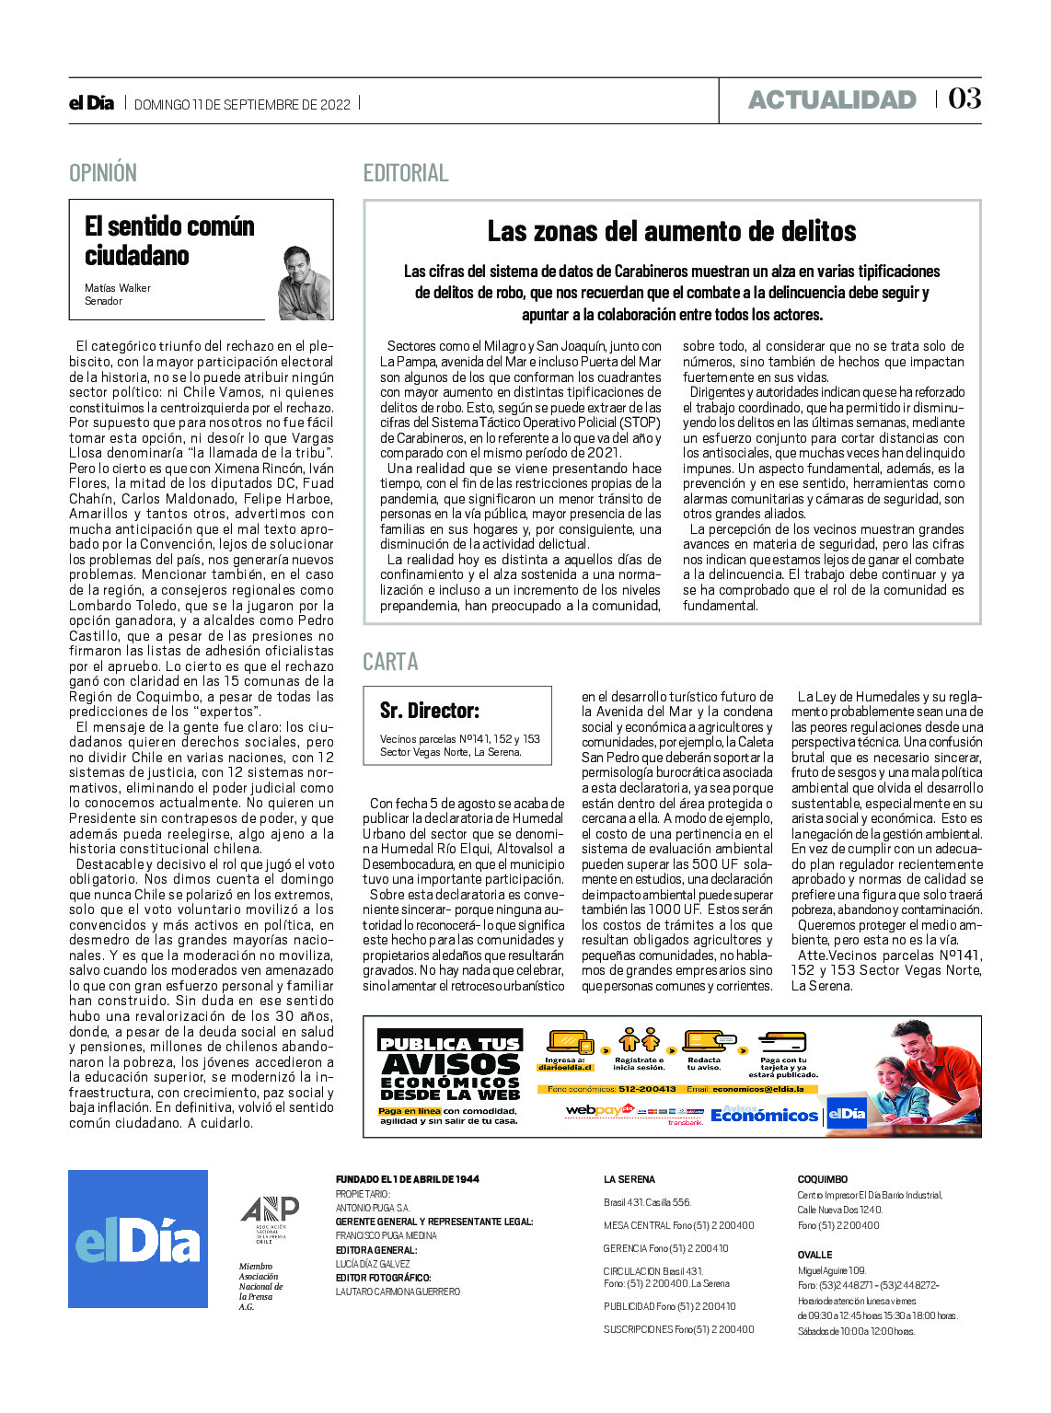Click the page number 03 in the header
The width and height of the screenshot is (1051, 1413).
click(964, 98)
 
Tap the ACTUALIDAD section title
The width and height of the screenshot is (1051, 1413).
click(832, 99)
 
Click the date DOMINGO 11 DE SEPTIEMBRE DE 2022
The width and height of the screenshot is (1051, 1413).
click(242, 105)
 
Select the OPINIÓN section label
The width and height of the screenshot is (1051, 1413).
click(103, 173)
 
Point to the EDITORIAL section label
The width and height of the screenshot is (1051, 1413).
click(406, 173)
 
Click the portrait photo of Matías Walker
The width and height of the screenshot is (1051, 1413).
click(304, 283)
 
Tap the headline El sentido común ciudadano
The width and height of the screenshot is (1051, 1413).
click(169, 240)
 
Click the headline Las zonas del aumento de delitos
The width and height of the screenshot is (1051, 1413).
click(672, 231)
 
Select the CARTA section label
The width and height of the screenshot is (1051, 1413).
click(390, 662)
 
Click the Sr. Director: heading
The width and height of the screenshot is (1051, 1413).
click(430, 711)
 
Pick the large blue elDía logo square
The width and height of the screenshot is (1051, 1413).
click(138, 1239)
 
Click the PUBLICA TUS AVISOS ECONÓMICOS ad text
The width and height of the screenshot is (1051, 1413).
click(450, 1069)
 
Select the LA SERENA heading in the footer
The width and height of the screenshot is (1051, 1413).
click(629, 1179)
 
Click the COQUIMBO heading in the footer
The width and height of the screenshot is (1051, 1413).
click(822, 1179)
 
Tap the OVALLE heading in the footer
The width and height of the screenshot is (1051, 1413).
click(814, 1255)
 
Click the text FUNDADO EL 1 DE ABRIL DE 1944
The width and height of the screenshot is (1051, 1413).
click(407, 1179)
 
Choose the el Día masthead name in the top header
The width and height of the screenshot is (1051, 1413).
click(91, 103)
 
